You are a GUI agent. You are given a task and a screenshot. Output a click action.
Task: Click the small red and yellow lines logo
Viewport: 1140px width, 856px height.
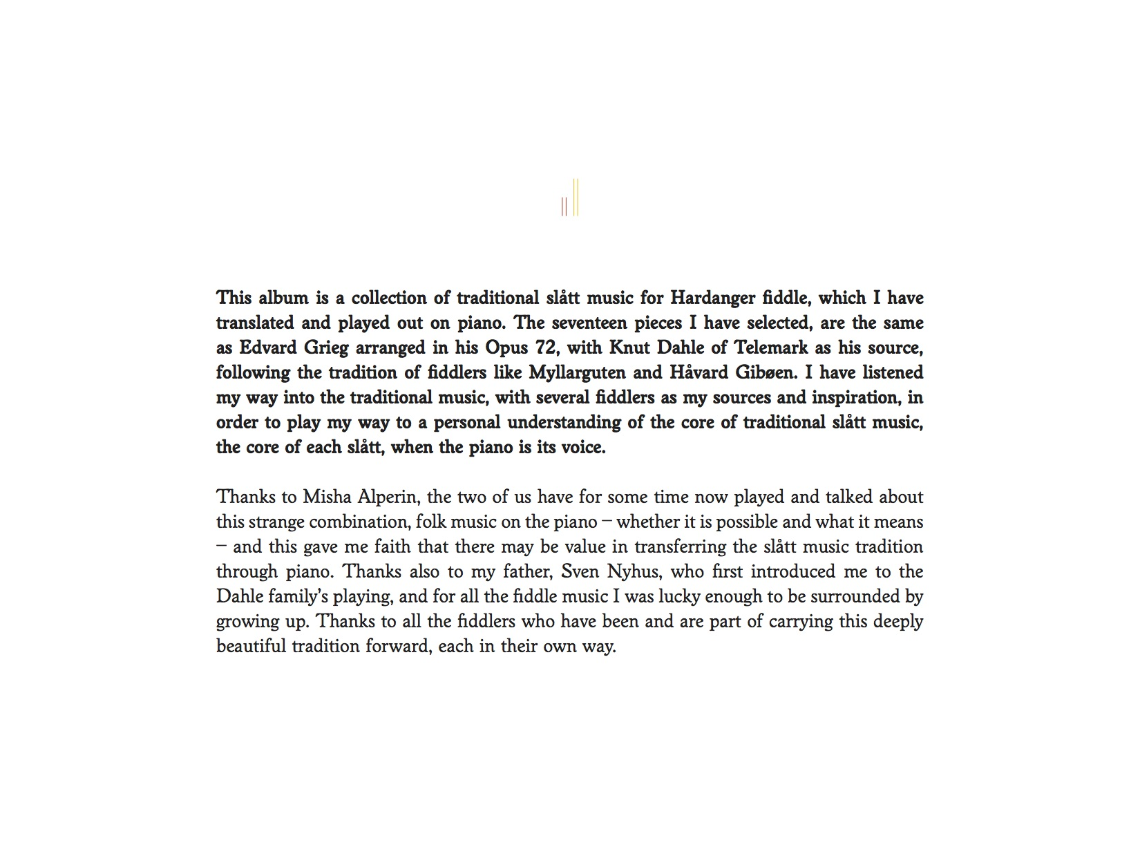point(570,198)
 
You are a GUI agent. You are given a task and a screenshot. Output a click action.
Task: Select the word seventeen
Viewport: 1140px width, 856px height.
point(589,323)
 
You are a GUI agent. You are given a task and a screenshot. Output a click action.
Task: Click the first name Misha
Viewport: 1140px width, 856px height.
point(322,497)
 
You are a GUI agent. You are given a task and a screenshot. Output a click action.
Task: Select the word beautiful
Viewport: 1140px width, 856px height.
point(251,647)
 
